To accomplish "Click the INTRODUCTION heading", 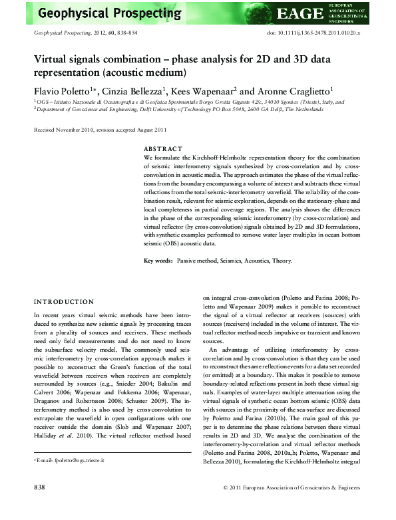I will pyautogui.click(x=64, y=301).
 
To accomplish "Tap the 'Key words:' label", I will pyautogui.click(x=159, y=261).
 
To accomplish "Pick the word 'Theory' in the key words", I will pyautogui.click(x=282, y=261).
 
